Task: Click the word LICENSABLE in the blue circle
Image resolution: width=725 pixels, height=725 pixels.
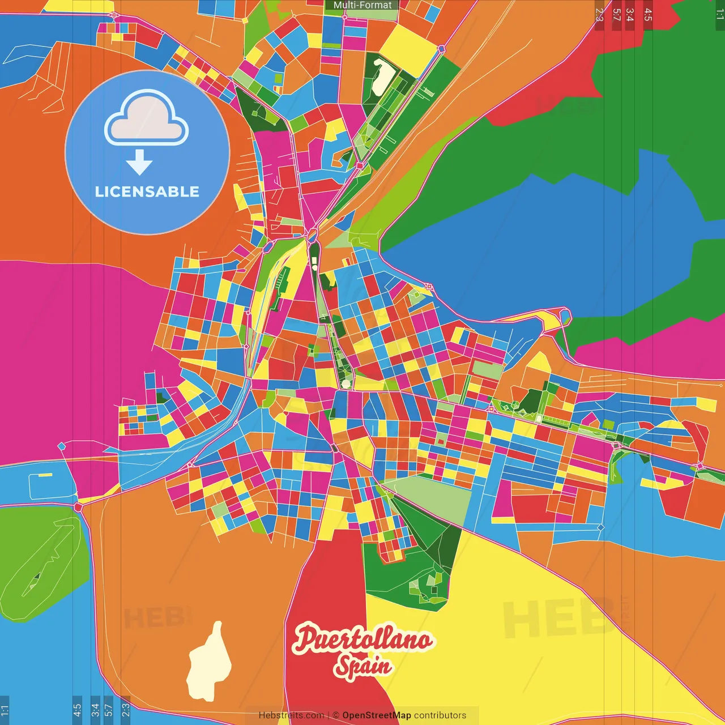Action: pos(147,191)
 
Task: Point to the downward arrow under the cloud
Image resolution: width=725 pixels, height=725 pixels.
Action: pos(139,163)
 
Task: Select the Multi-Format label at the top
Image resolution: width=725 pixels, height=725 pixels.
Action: pos(362,5)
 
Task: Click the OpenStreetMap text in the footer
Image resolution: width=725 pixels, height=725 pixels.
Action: pos(376,715)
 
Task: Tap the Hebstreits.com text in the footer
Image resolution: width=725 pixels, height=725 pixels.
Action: pos(291,715)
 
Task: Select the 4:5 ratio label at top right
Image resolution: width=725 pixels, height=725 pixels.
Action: pos(648,15)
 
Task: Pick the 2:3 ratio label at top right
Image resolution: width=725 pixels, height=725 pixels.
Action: pos(599,15)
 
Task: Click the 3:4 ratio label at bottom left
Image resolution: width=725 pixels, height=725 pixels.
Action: pos(95,710)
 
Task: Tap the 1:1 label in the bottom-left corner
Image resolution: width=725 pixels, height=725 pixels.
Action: pos(5,710)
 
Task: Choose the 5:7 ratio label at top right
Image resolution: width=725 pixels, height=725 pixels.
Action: pos(616,15)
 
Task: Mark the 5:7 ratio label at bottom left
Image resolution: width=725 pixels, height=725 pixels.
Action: pos(109,710)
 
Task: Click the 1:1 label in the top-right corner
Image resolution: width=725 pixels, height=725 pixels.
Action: pos(719,15)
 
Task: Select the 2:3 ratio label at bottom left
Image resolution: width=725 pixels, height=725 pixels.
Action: pos(126,710)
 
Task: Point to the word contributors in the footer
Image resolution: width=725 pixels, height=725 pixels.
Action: pos(440,715)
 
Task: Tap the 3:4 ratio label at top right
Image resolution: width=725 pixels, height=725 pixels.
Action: pos(629,15)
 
